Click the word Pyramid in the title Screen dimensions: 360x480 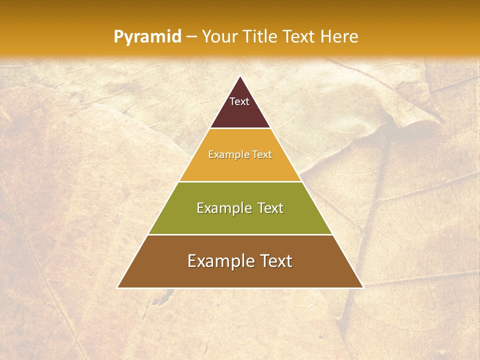pos(147,37)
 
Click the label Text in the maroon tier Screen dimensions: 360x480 pos(239,101)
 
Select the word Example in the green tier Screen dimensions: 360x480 pos(222,208)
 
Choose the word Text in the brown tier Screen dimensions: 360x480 pos(274,261)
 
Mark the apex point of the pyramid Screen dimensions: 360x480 pos(240,76)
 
